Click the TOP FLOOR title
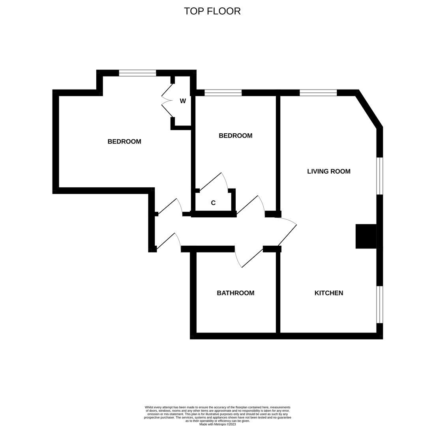coord(212,11)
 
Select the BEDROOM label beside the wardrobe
coord(124,142)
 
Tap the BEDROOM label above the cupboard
coord(235,136)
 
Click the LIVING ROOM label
coord(328,171)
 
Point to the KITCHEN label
coord(328,293)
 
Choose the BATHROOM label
coord(235,293)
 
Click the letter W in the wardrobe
coord(183,101)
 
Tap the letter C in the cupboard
coord(213,203)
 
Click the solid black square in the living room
coord(366,236)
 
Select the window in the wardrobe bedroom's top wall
coord(137,73)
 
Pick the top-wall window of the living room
coord(318,93)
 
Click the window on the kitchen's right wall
coord(379,305)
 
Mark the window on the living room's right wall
coord(379,176)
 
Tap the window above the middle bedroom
coord(223,93)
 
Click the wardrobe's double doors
coord(167,101)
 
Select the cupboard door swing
coord(213,182)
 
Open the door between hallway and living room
coord(287,233)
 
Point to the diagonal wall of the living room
coord(369,109)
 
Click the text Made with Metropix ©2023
coord(217,424)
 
